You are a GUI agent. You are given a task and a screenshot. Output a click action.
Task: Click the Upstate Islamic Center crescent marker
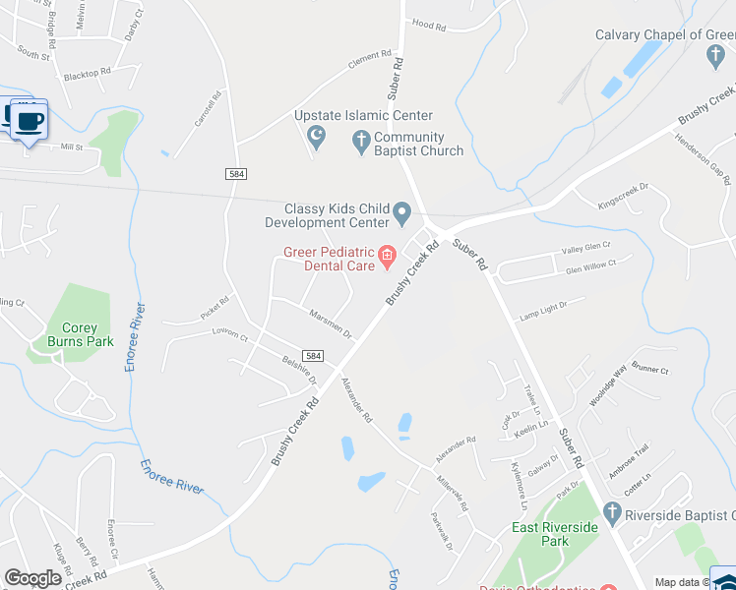click(316, 137)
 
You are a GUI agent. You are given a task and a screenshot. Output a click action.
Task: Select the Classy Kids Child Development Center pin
click(401, 212)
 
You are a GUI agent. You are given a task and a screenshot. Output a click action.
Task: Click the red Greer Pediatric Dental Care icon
click(387, 259)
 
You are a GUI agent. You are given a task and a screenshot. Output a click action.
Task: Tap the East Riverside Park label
click(555, 534)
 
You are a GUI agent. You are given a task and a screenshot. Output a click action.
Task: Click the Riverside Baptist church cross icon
click(612, 513)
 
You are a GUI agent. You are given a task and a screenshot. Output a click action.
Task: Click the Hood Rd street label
click(429, 24)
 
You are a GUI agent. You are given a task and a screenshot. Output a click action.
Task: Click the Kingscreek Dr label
click(625, 196)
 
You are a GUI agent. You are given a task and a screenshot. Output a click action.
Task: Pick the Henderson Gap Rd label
click(702, 158)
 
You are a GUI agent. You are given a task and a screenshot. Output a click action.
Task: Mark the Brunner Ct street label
click(650, 371)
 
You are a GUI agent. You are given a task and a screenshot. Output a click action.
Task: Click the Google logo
click(32, 578)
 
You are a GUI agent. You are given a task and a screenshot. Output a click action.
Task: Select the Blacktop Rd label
click(87, 75)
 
